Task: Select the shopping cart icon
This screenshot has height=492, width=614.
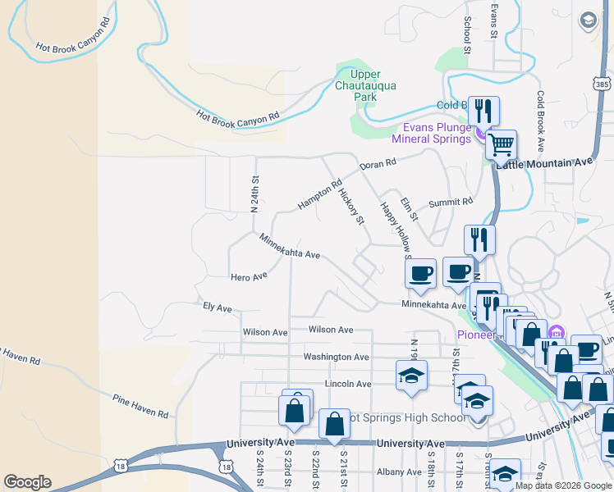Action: pos(501,145)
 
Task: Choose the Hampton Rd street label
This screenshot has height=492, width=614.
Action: pos(319,195)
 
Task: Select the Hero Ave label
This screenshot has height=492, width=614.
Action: pos(249,277)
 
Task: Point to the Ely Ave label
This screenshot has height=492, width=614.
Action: pos(218,307)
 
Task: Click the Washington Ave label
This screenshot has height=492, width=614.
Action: pos(336,357)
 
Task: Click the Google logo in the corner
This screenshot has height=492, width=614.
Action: pos(27,482)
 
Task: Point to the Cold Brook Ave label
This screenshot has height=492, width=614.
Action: pos(540,121)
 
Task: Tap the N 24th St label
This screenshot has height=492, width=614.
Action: pos(255,194)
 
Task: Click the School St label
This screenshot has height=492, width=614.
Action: pos(466,35)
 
